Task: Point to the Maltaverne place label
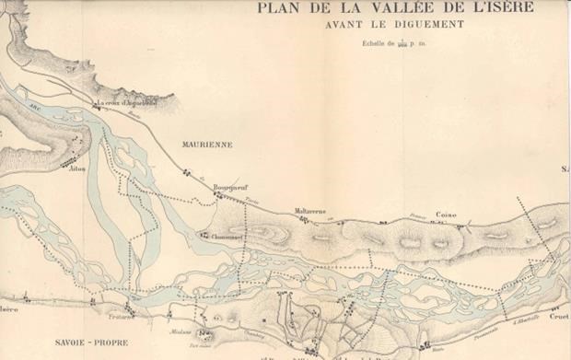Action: [x=311, y=211]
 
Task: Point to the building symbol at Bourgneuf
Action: [x=219, y=193]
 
